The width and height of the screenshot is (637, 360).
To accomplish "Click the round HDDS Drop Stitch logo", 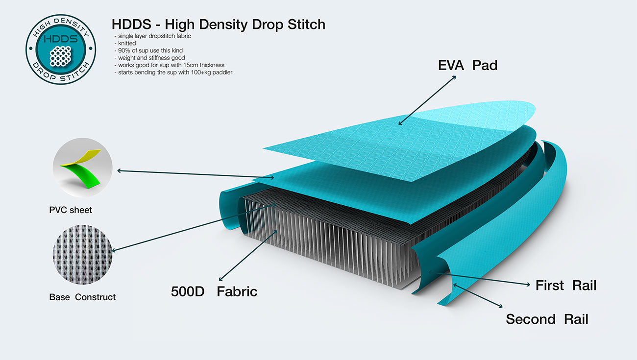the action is point(61,49).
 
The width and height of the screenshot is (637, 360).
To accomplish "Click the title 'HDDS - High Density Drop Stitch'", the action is point(219,24).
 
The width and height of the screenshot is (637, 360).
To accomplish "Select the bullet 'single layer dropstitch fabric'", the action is point(153,36).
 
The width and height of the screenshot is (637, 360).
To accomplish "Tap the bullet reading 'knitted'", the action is point(125,43).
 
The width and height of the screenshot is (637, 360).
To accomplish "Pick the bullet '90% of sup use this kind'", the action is point(149,50).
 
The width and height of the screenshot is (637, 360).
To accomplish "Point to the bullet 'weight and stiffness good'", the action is point(150,58).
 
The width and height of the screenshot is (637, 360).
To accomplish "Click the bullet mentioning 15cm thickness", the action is point(170,65).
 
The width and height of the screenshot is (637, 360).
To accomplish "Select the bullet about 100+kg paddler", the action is point(173,72).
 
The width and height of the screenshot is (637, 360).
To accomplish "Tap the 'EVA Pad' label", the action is point(468,66).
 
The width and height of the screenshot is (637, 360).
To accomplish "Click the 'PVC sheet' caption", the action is point(71,210).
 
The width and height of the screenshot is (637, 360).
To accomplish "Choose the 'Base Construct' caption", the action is point(82,297).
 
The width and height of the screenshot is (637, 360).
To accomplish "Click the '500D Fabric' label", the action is point(214,292).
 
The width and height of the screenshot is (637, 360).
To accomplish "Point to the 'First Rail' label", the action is point(566,286).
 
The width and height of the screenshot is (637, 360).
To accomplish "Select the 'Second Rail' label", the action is point(547,319).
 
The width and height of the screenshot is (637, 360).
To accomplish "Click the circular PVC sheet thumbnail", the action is point(82,168).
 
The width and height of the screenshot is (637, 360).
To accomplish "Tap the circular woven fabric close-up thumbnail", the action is point(82,255).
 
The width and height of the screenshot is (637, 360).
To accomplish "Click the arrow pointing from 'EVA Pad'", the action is point(427,100).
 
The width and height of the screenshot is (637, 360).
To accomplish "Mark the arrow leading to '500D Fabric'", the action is point(248,255).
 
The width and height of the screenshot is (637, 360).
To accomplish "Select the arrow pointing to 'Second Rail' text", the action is point(478,295).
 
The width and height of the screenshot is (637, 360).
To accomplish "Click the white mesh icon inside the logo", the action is point(61,56).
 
